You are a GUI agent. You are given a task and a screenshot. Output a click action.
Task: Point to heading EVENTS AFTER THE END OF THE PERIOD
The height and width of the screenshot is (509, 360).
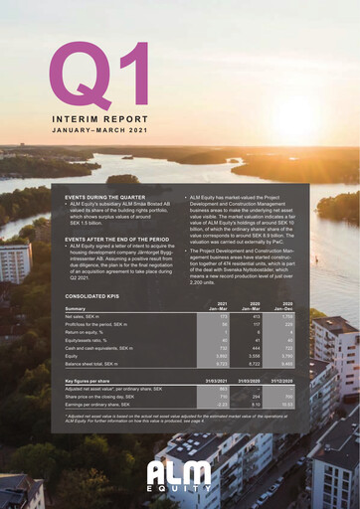pyautogui.click(x=123, y=240)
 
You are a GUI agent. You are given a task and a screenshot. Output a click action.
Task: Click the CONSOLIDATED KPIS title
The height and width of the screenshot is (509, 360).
pyautogui.click(x=98, y=295)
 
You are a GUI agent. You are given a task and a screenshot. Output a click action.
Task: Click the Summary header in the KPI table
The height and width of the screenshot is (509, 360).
pyautogui.click(x=76, y=308)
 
